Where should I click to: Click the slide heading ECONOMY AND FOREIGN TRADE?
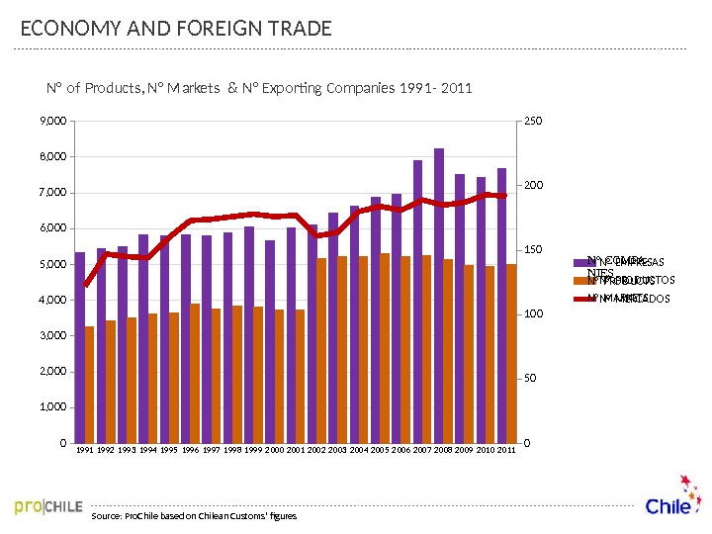click(x=176, y=29)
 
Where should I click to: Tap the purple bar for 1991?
click(x=80, y=346)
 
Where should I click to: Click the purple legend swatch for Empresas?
click(x=581, y=262)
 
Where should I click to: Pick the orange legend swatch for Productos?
click(x=581, y=280)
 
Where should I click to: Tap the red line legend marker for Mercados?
click(x=581, y=298)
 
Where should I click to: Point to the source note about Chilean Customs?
click(x=193, y=516)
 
